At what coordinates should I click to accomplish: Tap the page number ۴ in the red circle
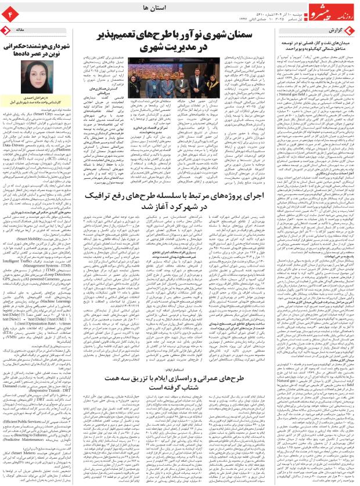(11, 12)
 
